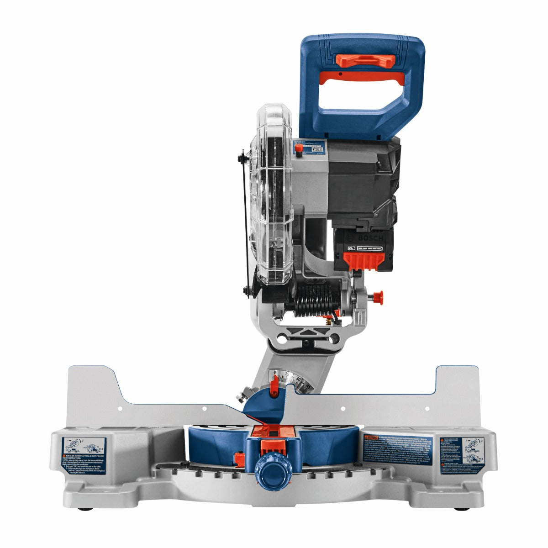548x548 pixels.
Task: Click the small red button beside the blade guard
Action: (299, 154)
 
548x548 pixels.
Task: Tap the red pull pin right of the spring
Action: (377, 296)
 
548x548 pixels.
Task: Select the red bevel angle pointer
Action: (274, 386)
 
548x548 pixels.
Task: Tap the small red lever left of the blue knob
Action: (238, 458)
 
